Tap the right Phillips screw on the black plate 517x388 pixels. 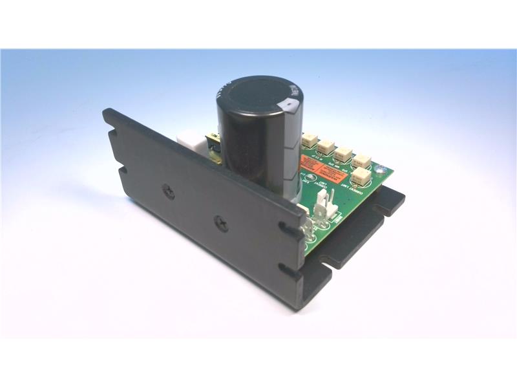click(x=223, y=222)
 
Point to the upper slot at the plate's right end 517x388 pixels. click(x=288, y=228)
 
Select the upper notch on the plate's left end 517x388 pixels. click(x=114, y=136)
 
